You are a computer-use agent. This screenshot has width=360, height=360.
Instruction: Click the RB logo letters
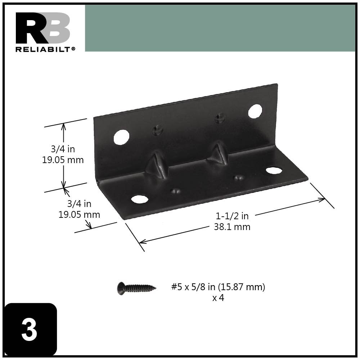[x=42, y=28]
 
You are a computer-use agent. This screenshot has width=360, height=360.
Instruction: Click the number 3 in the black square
[x=30, y=330]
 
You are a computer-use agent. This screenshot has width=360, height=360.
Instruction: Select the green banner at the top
[x=220, y=28]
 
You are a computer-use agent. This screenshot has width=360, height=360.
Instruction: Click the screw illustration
[x=136, y=288]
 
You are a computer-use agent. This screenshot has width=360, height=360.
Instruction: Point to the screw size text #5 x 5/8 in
[x=218, y=287]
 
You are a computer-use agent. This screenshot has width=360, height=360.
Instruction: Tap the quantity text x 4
[x=218, y=298]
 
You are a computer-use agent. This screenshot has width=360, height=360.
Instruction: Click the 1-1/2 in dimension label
[x=232, y=216]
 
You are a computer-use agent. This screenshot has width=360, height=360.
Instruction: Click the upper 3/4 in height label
[x=63, y=149]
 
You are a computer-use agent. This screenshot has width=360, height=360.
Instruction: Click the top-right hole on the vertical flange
[x=255, y=111]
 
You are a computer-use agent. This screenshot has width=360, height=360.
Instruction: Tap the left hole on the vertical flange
[x=121, y=137]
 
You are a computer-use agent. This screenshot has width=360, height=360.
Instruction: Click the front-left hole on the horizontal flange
[x=140, y=199]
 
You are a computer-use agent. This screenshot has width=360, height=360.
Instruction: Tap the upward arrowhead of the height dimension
[x=64, y=126]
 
